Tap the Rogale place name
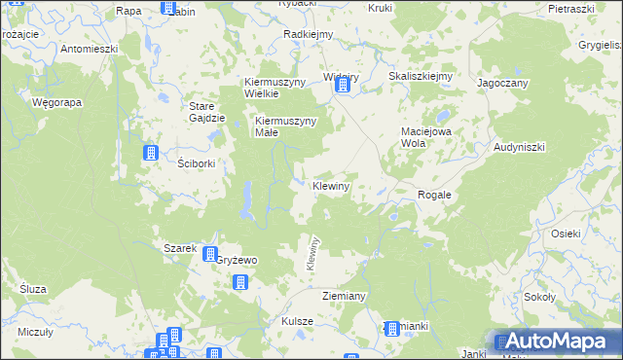[434, 195]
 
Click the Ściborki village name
[197, 163]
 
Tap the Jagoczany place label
[502, 84]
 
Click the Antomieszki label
[89, 48]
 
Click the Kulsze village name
[297, 321]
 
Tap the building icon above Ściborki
[151, 153]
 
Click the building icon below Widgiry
[342, 87]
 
